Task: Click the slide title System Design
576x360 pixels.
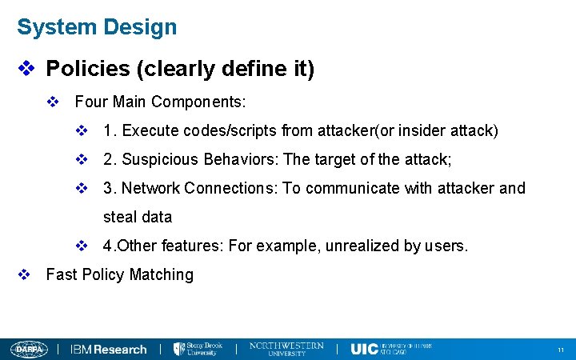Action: point(97,27)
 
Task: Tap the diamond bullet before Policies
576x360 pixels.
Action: point(26,70)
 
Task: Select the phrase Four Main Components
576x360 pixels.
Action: point(159,102)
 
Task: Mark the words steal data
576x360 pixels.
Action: point(138,217)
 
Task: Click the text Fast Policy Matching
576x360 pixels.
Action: point(120,274)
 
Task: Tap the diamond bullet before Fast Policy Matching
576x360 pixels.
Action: point(25,274)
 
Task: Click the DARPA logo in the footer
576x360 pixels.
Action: point(30,349)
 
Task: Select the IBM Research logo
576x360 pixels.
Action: point(109,349)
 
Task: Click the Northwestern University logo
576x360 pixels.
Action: point(286,349)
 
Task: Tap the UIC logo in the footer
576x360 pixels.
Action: point(390,349)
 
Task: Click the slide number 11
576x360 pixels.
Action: point(561,350)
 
